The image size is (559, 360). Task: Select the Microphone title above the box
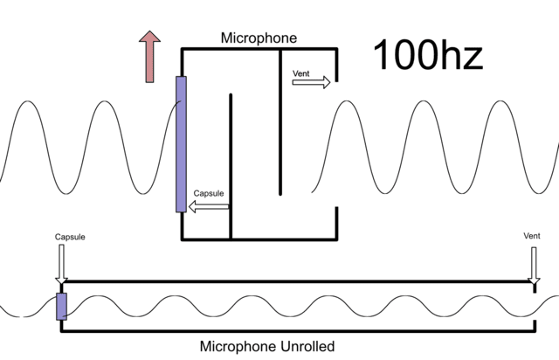(259, 38)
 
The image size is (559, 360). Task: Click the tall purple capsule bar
(181, 144)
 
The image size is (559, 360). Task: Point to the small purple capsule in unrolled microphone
(61, 307)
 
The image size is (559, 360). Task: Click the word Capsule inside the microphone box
(209, 193)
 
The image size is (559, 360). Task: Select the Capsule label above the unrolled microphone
(70, 236)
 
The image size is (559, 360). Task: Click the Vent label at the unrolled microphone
(532, 236)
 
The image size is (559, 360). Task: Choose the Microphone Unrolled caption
(267, 347)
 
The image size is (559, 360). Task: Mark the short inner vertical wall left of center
(231, 166)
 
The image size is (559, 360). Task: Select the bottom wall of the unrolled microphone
(297, 332)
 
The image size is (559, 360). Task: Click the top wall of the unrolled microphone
(297, 282)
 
